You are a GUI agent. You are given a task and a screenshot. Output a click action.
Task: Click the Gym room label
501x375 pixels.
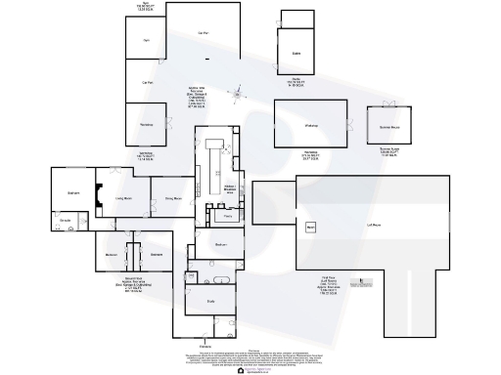pyautogui.click(x=146, y=40)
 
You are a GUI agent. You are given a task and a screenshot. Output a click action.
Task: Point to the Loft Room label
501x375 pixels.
pyautogui.click(x=374, y=225)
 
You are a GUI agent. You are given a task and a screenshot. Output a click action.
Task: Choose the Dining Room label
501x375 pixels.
pyautogui.click(x=172, y=199)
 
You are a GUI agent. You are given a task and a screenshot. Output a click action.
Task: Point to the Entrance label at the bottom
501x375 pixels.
pyautogui.click(x=205, y=347)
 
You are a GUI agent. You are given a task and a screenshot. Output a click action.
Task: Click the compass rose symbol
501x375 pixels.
pyautogui.click(x=236, y=95)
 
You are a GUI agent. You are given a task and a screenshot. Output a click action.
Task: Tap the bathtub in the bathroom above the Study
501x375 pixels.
pyautogui.click(x=221, y=280)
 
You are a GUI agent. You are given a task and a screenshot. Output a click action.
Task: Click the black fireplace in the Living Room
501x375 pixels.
pyautogui.click(x=98, y=197)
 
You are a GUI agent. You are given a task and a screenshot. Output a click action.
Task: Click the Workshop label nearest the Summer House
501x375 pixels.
pyautogui.click(x=311, y=126)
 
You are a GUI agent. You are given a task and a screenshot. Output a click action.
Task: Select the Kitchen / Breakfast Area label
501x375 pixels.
pyautogui.click(x=233, y=189)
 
